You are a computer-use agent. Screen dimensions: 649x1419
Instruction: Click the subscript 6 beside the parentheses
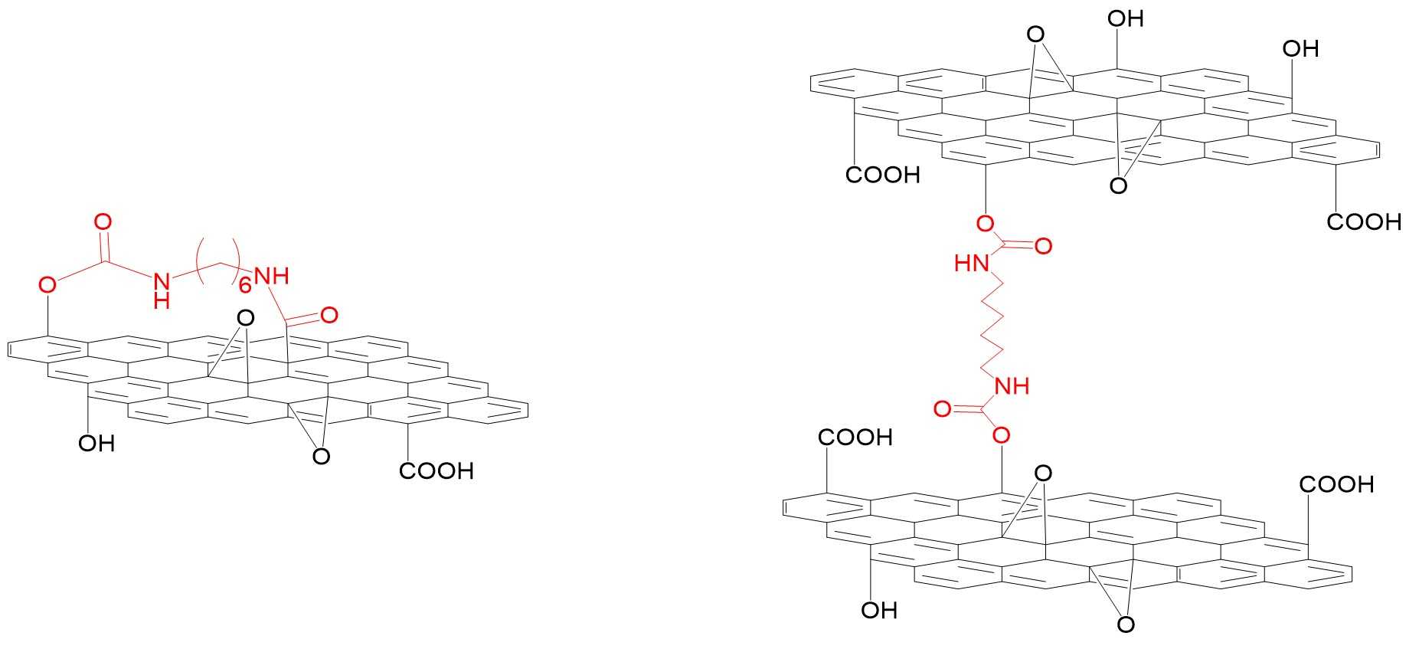(244, 287)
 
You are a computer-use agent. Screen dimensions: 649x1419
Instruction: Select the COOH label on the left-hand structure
(436, 470)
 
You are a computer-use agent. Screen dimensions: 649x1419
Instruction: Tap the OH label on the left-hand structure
(96, 444)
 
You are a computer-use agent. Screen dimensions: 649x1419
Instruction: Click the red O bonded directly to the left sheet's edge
(47, 286)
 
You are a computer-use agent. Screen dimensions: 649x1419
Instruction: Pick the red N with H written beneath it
(161, 281)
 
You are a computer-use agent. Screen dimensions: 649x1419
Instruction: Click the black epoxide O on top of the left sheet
(245, 317)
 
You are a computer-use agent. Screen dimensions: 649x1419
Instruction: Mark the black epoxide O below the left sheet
(322, 457)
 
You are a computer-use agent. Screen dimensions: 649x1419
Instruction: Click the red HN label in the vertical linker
(971, 264)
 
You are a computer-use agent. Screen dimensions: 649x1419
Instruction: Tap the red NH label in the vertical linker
(1011, 386)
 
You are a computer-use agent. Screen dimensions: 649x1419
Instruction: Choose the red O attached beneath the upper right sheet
(986, 223)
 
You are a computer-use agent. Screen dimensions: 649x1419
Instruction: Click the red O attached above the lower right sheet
(1001, 437)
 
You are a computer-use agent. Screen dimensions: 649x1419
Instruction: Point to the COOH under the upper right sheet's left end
(882, 175)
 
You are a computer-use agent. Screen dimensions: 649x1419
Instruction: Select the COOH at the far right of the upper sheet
(1364, 222)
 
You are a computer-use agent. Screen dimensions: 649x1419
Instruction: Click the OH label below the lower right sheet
(878, 611)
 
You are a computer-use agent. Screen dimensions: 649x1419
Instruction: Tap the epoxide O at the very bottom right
(1126, 625)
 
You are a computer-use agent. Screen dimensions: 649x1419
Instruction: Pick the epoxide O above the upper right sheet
(1035, 34)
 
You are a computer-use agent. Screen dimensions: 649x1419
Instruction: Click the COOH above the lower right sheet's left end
(855, 438)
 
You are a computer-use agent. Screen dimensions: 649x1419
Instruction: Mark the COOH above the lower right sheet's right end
(1336, 484)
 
